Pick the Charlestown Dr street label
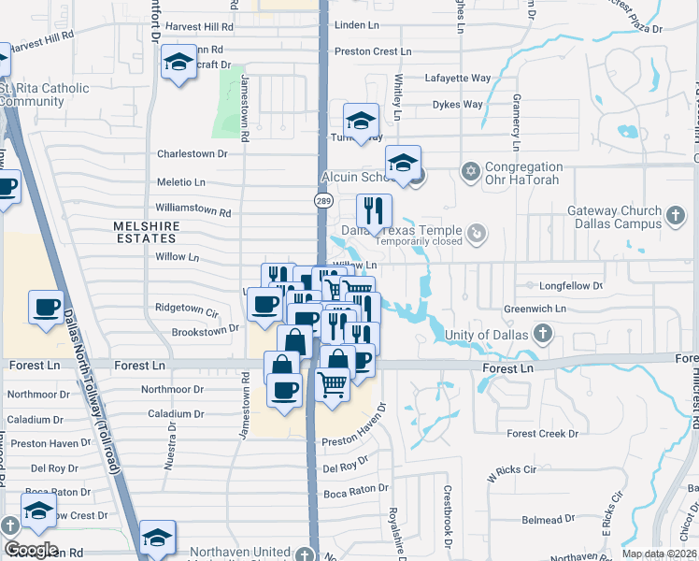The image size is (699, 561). click(193, 153)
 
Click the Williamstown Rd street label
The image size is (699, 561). click(193, 212)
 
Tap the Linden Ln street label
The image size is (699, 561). click(359, 23)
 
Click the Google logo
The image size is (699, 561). click(31, 550)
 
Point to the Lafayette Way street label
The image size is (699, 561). click(457, 79)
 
